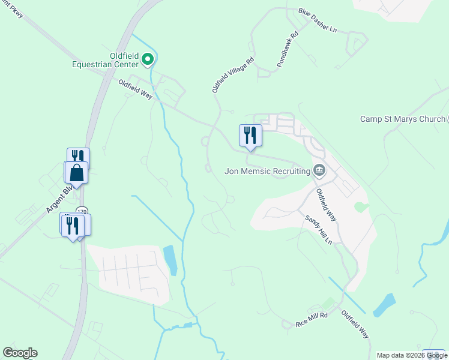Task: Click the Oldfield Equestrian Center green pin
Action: point(149,59)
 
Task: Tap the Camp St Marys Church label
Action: point(402,119)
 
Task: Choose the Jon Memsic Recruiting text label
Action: point(267,170)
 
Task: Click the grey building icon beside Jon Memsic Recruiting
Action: point(319,170)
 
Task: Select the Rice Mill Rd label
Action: point(311,319)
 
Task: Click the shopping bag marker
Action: point(76,173)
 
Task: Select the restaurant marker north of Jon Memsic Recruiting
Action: point(250,136)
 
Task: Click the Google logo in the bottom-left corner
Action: point(20,353)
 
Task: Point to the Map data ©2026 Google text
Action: point(412,355)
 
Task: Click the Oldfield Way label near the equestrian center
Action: point(135,89)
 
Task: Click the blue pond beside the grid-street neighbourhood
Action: point(170,259)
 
